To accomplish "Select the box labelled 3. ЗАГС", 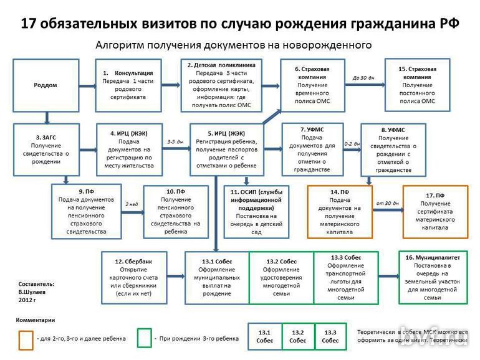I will (x=46, y=149).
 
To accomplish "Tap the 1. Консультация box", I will (x=128, y=85).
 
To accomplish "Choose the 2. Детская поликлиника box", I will (x=221, y=85).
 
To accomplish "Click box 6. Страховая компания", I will (x=313, y=85).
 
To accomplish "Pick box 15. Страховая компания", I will (x=417, y=85).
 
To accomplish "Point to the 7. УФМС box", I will (x=312, y=149).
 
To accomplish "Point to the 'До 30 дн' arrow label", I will (x=363, y=78).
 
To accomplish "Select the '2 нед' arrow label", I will (x=132, y=204).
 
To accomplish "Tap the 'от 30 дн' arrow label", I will (x=387, y=203).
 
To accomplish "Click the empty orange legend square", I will (x=26, y=338).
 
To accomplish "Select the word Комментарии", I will (x=35, y=320).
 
